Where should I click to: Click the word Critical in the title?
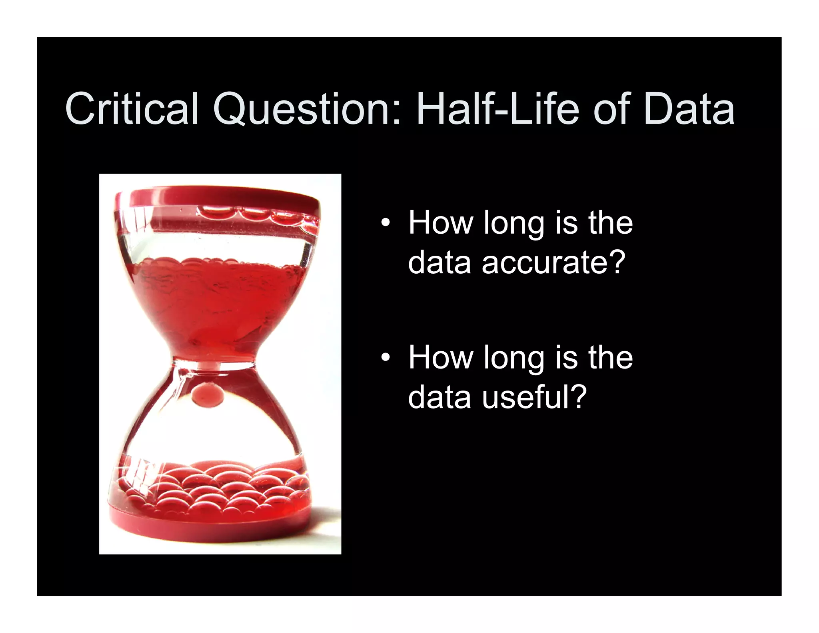[x=132, y=109]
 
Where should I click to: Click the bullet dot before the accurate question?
[x=385, y=223]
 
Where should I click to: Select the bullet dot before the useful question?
[x=385, y=357]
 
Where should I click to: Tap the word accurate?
[x=553, y=262]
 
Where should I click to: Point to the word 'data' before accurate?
[x=439, y=262]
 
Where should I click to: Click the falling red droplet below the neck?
[x=208, y=393]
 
